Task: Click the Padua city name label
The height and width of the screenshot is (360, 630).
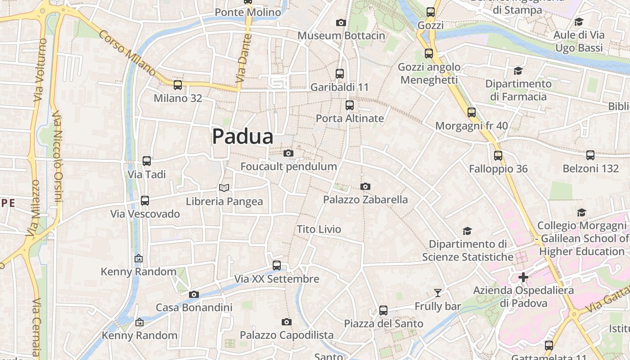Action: point(243,136)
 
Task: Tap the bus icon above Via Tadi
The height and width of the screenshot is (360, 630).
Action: point(147,161)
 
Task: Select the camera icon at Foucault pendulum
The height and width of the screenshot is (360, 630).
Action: point(288,153)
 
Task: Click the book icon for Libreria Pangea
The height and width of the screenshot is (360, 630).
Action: point(224,188)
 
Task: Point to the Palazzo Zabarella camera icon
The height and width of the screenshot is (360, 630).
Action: point(365,186)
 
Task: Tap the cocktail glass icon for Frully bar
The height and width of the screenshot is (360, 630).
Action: point(437,293)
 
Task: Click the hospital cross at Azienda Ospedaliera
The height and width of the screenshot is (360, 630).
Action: point(523,277)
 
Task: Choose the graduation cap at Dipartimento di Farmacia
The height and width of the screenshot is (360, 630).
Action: point(518,71)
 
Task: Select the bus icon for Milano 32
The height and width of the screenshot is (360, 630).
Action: point(178,85)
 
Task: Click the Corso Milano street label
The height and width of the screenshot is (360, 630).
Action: point(127,53)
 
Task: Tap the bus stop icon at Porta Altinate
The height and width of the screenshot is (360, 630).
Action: point(350,105)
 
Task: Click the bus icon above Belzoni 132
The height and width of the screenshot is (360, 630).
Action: point(590,155)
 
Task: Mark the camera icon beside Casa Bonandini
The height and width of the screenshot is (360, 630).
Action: point(194,294)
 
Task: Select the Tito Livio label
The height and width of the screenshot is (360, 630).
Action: point(319,229)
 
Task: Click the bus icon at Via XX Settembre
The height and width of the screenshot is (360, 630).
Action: point(277,265)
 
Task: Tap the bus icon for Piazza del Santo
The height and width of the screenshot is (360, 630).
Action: point(383,310)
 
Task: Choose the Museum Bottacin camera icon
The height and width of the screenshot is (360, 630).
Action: point(341,22)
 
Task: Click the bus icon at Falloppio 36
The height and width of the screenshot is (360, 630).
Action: point(498,156)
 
